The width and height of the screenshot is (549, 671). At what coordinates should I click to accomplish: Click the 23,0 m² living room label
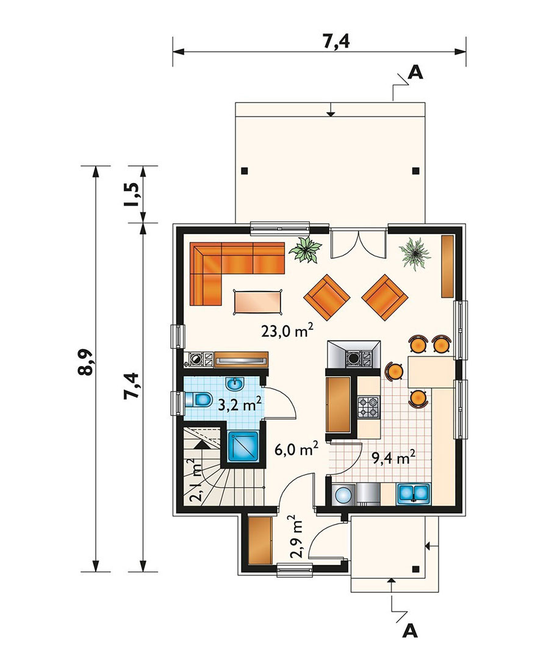point(287,331)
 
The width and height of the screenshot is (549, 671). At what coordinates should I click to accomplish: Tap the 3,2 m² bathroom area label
point(240,404)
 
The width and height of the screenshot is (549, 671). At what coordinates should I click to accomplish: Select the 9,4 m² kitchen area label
point(393,458)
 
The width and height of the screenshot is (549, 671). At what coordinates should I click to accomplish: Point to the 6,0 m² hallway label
point(296,450)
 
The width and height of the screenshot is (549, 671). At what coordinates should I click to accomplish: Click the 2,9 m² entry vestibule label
point(297,537)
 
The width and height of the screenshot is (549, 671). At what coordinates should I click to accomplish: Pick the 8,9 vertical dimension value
point(85,362)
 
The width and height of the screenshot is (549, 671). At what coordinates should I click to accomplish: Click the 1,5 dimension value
point(132,195)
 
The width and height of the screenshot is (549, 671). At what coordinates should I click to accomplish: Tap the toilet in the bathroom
point(199,400)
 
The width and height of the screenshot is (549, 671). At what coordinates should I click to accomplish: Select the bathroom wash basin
point(234,384)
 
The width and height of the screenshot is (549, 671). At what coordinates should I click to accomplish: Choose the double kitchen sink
point(414,493)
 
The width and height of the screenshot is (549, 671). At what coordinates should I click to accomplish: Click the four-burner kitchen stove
point(368,407)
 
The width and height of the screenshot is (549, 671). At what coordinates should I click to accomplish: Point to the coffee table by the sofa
point(259,302)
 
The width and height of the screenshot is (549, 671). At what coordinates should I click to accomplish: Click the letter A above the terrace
point(415,73)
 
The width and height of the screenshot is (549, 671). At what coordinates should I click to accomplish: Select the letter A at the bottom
point(410,631)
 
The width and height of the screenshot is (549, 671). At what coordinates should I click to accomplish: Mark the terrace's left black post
point(244,171)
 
